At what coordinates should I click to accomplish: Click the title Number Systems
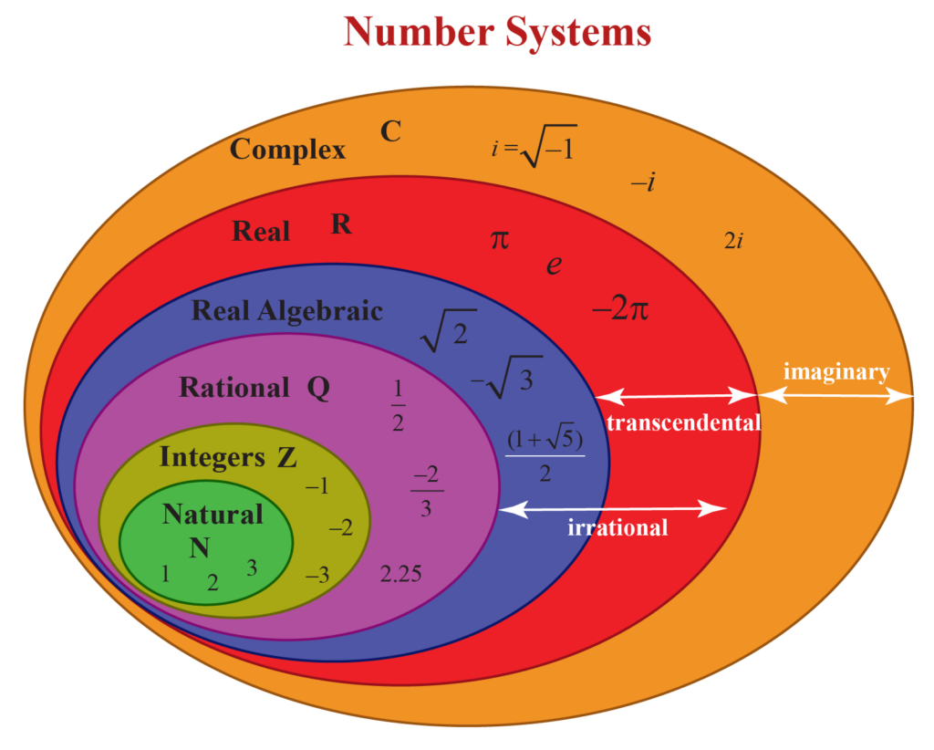497,33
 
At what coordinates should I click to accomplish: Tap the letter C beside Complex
390,132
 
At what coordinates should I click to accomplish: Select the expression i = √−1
534,149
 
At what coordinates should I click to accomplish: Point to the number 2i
733,241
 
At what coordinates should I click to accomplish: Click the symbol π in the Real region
500,240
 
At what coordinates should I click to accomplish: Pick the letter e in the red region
554,266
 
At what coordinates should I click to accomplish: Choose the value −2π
620,309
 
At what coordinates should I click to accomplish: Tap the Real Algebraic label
286,311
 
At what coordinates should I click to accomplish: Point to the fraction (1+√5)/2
545,455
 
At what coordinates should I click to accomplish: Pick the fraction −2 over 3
426,492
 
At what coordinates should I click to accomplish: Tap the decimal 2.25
400,575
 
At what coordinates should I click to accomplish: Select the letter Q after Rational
318,389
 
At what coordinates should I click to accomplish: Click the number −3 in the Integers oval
317,576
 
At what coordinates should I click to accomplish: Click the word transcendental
682,423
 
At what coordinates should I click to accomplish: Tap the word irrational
617,527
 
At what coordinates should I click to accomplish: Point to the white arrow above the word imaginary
836,396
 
